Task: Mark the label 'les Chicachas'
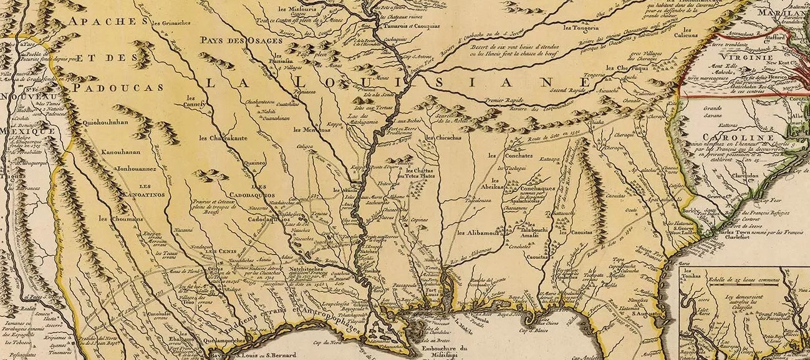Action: click(x=441, y=137)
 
